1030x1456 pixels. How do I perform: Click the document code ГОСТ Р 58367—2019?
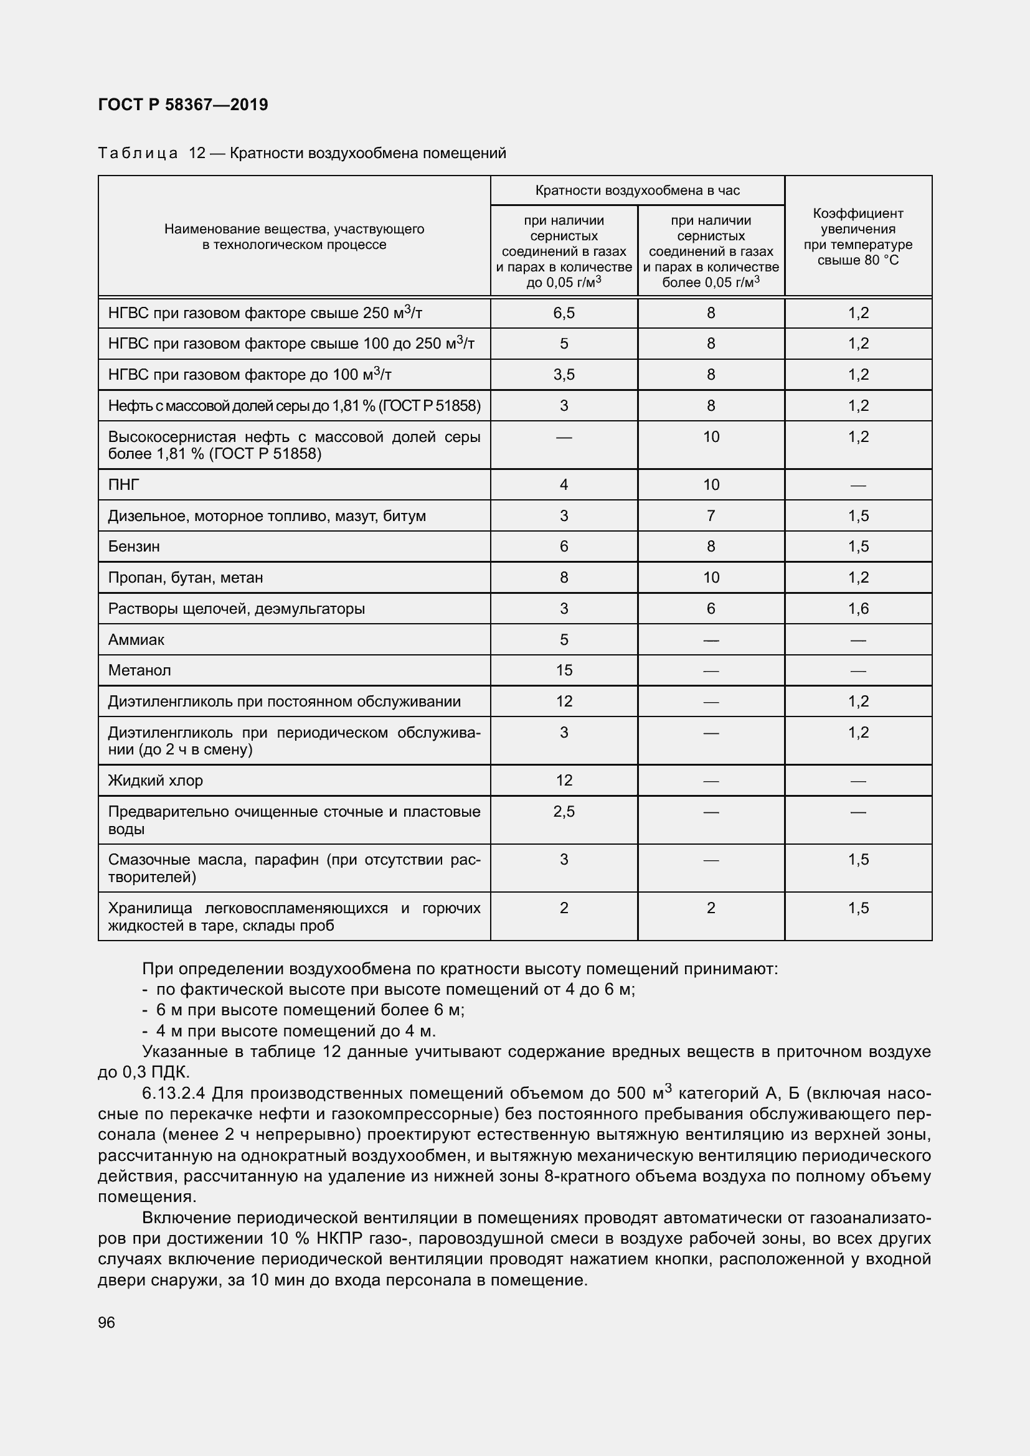point(183,105)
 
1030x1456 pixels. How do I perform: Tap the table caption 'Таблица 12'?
point(151,154)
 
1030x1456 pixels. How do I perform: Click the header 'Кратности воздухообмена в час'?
point(638,190)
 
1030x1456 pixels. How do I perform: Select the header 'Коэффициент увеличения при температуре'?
point(858,237)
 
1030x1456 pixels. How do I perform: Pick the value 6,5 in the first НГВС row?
point(564,312)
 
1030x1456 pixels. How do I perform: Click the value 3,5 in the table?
point(564,375)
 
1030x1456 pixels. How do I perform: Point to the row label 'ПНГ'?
point(124,485)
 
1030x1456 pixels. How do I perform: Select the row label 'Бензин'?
point(134,547)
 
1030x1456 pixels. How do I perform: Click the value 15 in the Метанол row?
point(564,670)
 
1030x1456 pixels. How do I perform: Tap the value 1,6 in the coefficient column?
point(858,609)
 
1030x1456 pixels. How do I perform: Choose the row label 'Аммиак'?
point(136,640)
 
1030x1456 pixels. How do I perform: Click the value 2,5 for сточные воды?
point(564,812)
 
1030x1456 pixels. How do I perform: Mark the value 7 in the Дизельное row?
point(711,516)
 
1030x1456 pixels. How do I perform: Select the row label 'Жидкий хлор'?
point(156,781)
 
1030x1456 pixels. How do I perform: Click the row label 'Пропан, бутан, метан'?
point(185,578)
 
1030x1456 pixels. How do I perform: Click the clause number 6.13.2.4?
point(174,1094)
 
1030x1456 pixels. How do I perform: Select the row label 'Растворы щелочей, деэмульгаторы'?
point(236,609)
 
